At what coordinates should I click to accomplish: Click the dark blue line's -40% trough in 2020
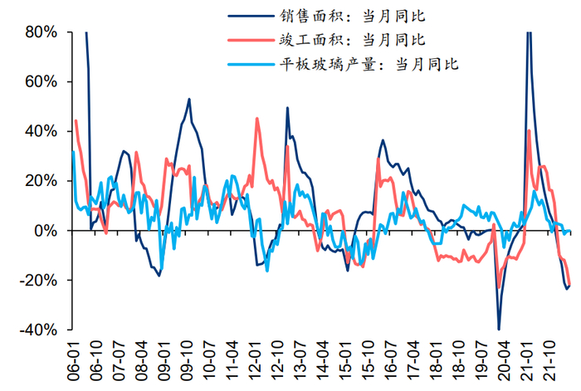(499, 329)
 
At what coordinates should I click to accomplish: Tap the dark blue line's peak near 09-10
(189, 100)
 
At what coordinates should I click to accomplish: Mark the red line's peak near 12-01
(256, 119)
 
